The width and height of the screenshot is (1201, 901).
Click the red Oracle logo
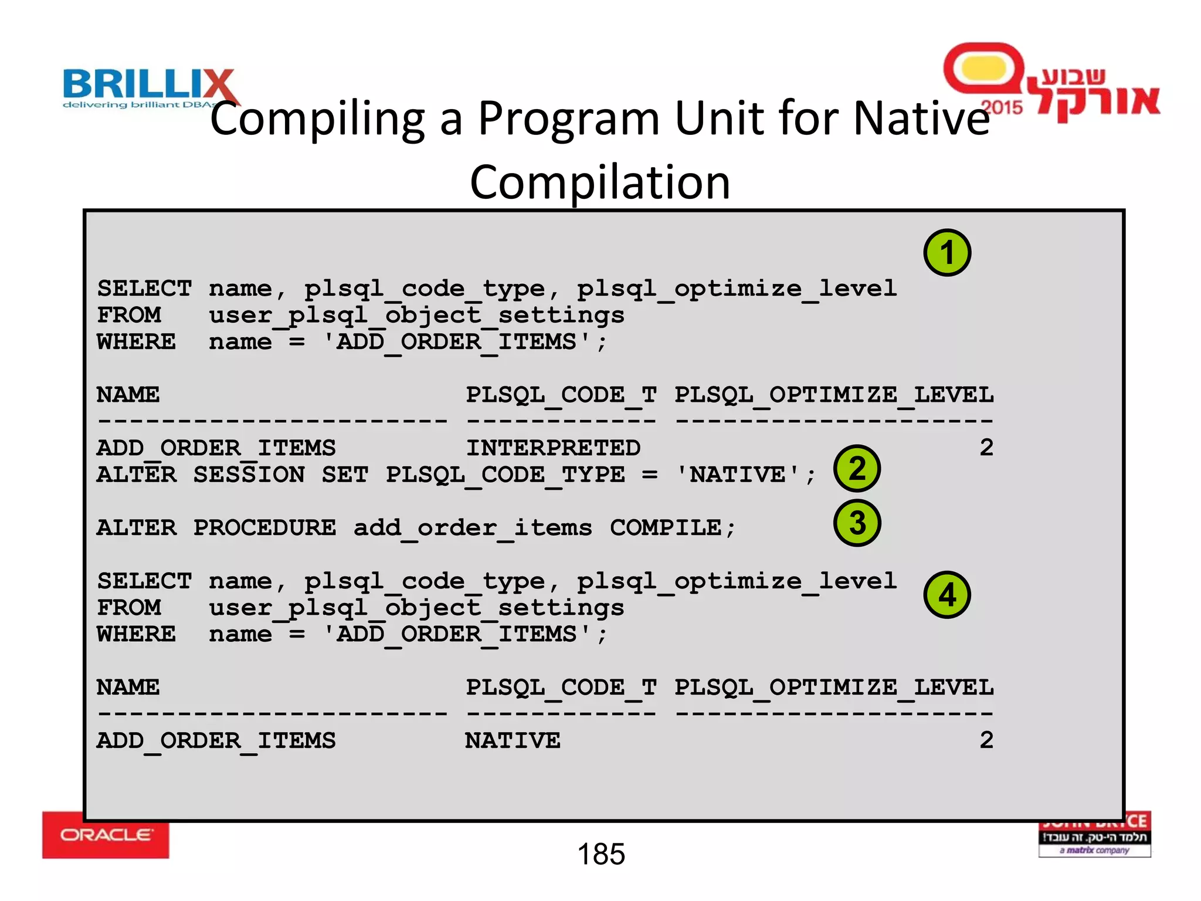106,835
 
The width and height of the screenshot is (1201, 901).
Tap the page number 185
601,854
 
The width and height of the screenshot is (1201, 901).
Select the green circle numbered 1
947,253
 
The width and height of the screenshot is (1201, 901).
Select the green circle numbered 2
857,468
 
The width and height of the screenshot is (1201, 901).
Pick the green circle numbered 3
857,523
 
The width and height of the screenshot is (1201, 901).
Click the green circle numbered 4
947,595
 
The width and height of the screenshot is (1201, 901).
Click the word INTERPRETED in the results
553,448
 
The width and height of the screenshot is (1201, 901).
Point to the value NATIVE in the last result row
513,741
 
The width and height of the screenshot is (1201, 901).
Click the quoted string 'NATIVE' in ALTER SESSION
738,475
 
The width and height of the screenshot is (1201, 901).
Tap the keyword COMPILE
666,528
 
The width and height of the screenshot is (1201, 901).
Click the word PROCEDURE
264,528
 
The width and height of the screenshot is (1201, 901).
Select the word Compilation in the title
600,182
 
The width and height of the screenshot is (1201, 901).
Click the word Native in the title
921,118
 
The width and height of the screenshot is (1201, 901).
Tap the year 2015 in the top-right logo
1002,107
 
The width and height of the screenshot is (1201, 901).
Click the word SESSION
249,475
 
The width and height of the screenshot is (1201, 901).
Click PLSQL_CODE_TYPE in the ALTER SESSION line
505,475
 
